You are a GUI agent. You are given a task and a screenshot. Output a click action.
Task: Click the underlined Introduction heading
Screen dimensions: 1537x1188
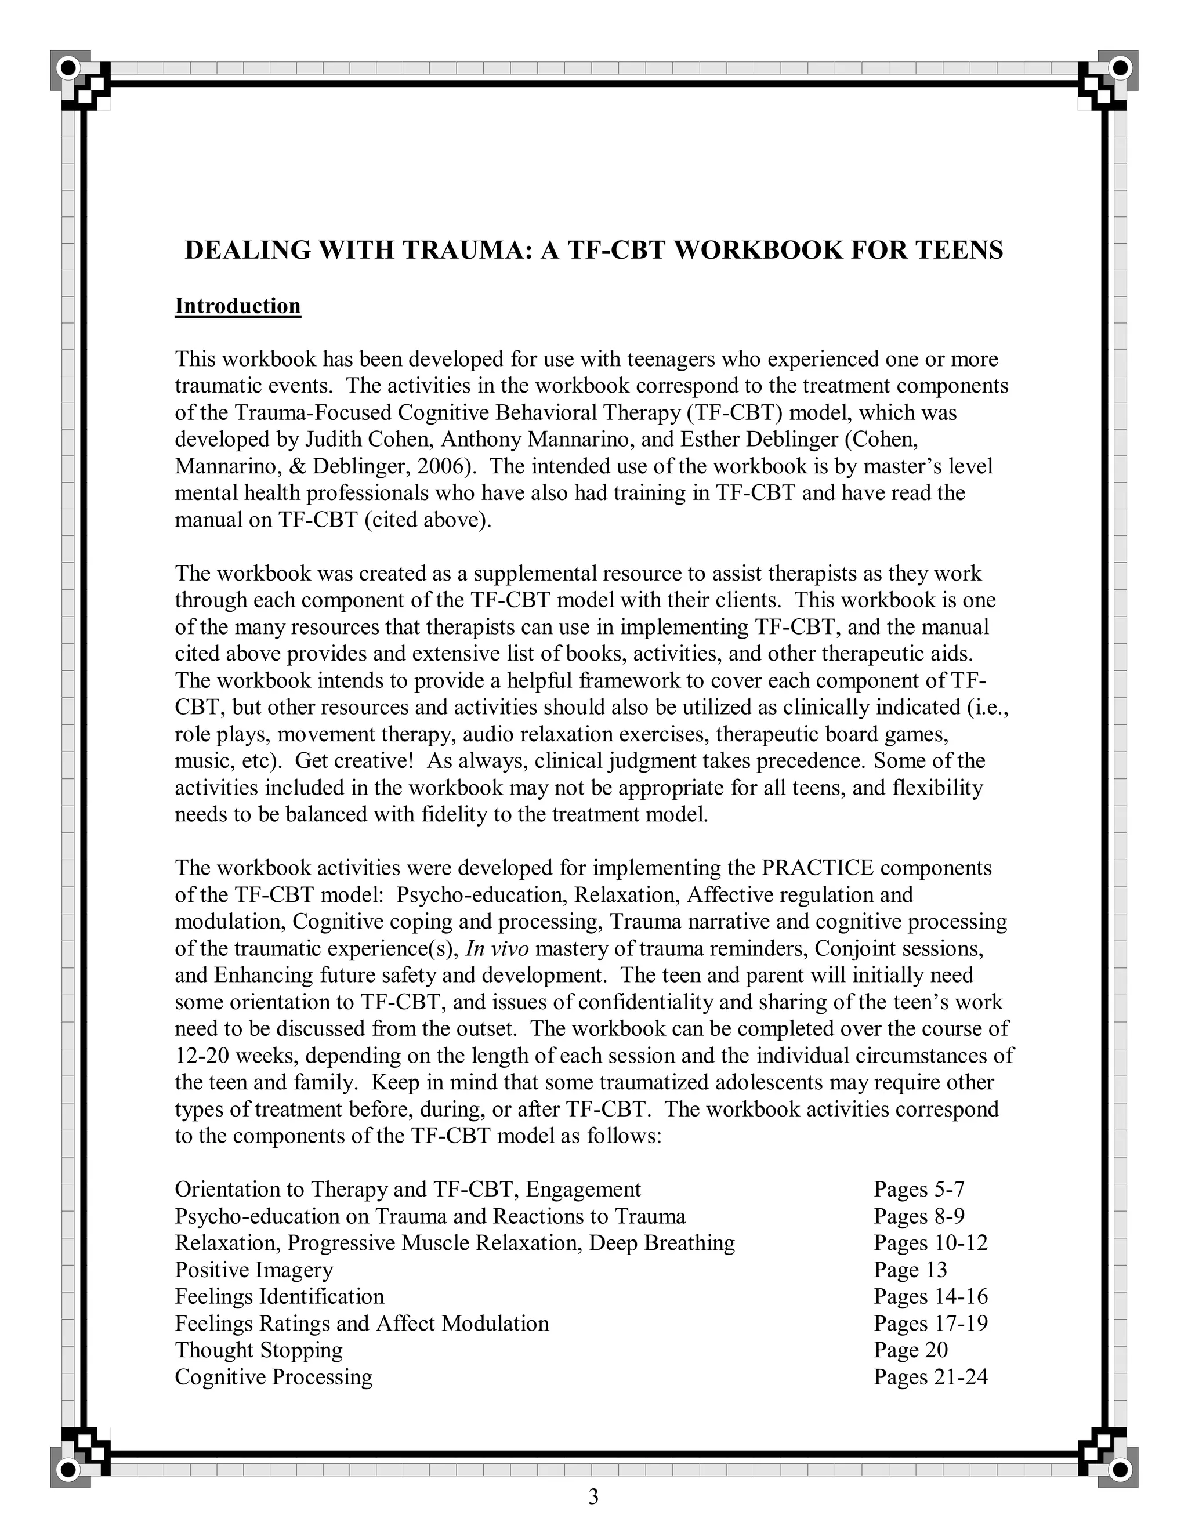[237, 306]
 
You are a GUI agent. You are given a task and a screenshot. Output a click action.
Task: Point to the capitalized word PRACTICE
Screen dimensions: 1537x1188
[817, 868]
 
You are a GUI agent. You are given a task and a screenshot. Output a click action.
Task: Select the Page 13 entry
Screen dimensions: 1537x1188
[911, 1269]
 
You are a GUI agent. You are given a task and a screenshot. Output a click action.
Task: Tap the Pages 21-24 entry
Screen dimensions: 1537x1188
[930, 1376]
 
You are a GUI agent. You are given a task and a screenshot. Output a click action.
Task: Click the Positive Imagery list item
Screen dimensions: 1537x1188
[254, 1269]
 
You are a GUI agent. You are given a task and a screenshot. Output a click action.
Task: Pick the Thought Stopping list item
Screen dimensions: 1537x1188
[258, 1349]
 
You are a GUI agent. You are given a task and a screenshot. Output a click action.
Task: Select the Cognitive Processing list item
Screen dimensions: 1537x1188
[273, 1376]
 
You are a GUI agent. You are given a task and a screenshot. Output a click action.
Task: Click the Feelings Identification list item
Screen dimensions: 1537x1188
[280, 1296]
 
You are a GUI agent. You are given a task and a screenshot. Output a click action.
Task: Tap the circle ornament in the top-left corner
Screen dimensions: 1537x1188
[69, 69]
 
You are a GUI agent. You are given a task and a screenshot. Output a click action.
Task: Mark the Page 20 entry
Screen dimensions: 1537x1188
[911, 1349]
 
